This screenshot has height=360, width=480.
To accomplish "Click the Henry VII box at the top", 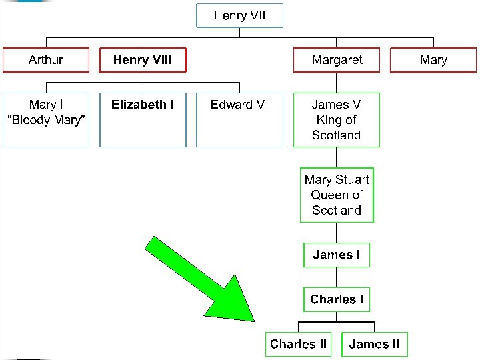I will coord(239,15).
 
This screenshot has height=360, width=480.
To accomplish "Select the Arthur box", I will coord(45,60).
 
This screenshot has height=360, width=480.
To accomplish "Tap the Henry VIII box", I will coord(142,60).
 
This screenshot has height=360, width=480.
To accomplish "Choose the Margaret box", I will coord(337,60).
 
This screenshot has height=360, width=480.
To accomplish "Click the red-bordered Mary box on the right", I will coord(433,60).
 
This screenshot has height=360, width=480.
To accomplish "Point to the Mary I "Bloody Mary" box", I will coord(45,119).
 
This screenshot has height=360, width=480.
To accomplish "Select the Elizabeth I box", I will coord(143,119).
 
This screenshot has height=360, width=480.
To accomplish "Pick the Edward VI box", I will coord(239,119).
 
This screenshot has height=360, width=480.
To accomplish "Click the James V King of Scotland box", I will coord(337,119).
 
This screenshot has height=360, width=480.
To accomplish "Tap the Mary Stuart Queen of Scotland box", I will coord(337,195).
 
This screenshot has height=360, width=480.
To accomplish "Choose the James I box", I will coord(337,255).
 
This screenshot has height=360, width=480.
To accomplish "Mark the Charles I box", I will coord(337,299).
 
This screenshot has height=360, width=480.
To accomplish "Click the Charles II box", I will coord(298,344).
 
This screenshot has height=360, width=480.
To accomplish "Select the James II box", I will coord(375,344).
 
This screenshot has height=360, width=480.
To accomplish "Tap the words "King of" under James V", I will coord(337,120).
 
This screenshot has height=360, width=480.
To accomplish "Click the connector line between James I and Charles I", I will coord(337,277).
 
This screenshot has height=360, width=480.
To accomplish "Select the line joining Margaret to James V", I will coord(337,82).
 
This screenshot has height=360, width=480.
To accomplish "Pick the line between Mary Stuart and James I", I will coord(337,232).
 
